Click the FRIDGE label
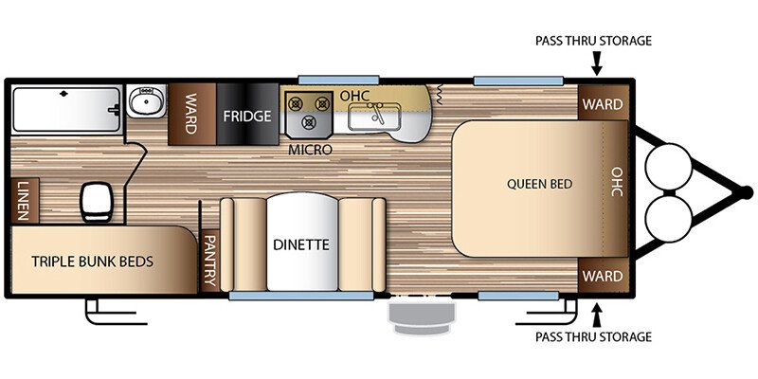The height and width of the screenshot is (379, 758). click(x=247, y=116)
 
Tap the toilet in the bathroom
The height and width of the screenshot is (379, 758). click(x=96, y=202)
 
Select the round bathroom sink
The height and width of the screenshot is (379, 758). click(x=147, y=101)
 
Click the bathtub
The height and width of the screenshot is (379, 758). click(x=66, y=109)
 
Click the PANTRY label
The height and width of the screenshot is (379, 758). click(x=209, y=261)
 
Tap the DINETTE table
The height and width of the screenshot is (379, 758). click(x=302, y=243)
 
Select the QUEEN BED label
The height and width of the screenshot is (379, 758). click(x=539, y=184)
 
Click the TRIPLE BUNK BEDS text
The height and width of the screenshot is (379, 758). click(x=92, y=262)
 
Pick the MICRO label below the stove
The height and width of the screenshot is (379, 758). click(x=311, y=151)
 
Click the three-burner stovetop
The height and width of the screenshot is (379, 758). click(x=309, y=113)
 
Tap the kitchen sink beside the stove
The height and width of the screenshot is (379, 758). click(x=375, y=117)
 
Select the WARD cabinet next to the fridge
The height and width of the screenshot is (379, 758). click(x=192, y=114)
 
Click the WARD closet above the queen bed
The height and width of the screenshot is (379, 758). click(x=603, y=103)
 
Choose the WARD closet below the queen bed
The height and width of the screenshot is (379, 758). click(x=603, y=276)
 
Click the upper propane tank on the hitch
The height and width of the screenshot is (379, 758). click(x=668, y=167)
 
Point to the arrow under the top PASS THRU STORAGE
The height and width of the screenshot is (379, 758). click(x=597, y=63)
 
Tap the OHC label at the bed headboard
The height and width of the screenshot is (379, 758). click(x=617, y=182)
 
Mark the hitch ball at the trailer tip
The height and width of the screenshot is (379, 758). click(x=747, y=193)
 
